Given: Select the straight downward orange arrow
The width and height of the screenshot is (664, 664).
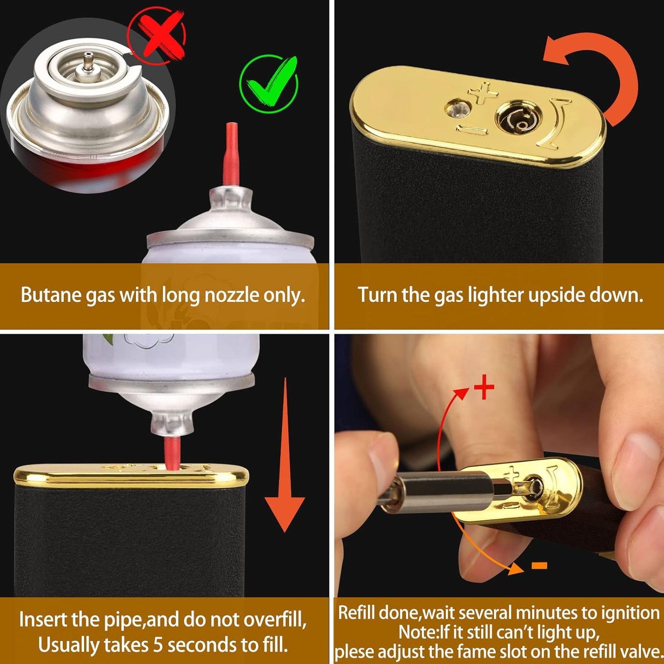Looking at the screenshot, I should pyautogui.click(x=284, y=460).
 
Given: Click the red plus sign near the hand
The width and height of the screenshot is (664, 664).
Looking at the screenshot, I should pyautogui.click(x=484, y=387).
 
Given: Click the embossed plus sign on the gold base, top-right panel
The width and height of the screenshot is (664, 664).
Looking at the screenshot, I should pyautogui.click(x=482, y=93).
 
